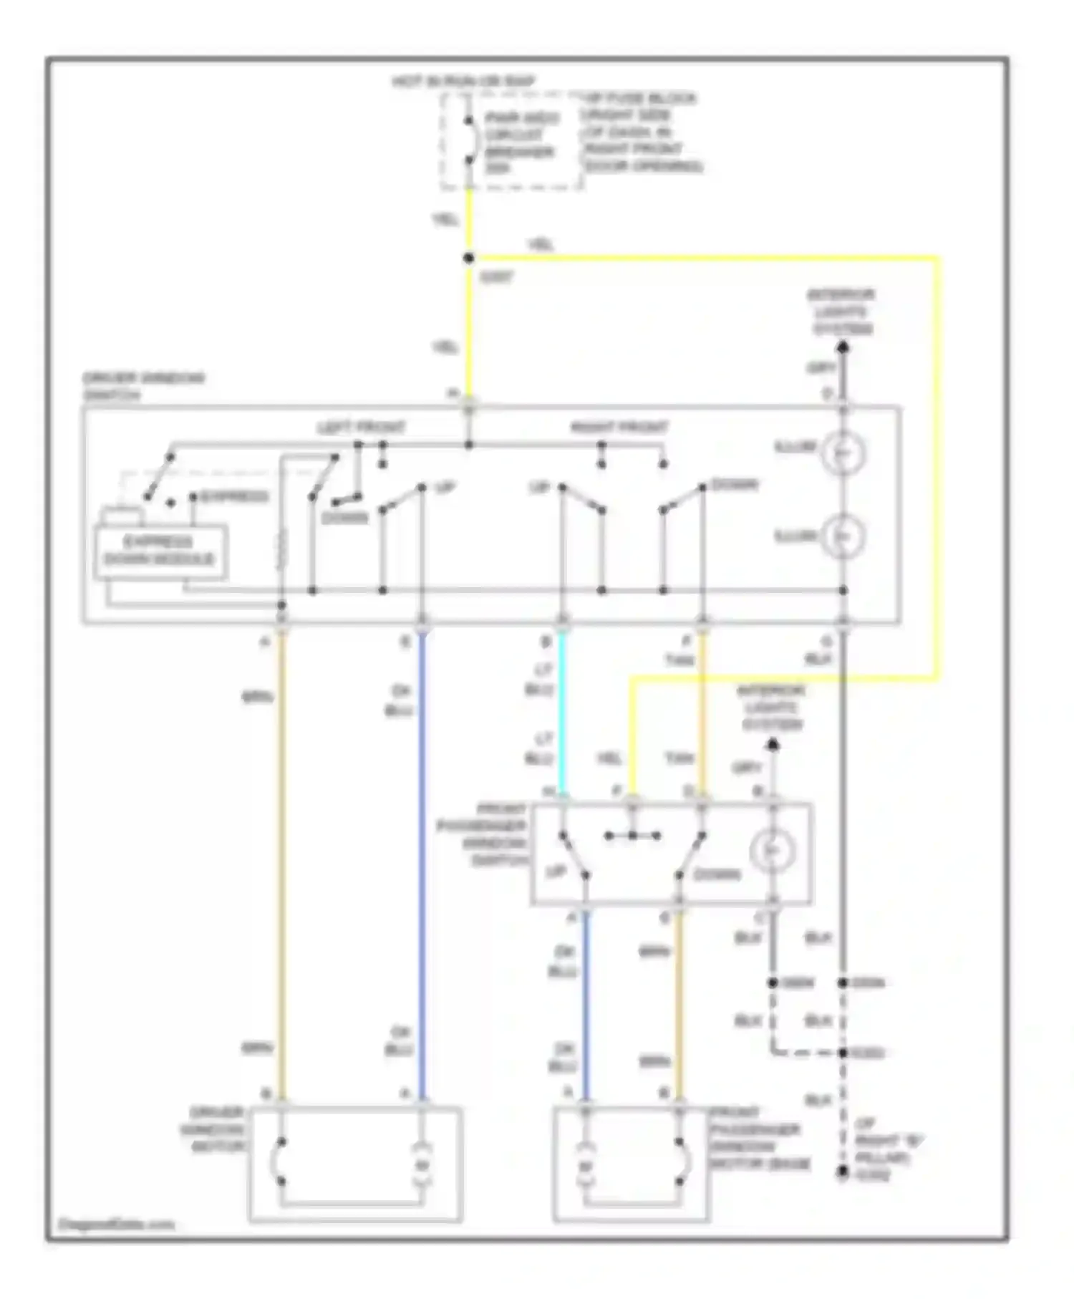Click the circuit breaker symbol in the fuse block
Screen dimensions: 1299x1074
[x=470, y=140]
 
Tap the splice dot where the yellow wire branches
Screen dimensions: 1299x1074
[x=468, y=259]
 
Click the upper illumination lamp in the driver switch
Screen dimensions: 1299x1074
[x=843, y=451]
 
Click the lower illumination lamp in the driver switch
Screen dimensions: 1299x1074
[x=843, y=536]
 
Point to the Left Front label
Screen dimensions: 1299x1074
[x=361, y=428]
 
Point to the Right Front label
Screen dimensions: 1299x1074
[x=619, y=428]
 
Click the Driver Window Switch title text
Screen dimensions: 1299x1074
[x=143, y=386]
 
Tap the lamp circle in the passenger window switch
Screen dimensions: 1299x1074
[x=772, y=850]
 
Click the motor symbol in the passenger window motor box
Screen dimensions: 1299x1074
[x=586, y=1167]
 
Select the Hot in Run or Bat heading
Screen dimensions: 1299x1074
[x=463, y=82]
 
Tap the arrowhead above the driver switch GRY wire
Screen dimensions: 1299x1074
[x=843, y=348]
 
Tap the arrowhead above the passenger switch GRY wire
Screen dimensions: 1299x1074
[x=773, y=745]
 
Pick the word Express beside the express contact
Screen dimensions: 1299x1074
[x=233, y=496]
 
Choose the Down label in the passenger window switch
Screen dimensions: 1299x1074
[x=716, y=874]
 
